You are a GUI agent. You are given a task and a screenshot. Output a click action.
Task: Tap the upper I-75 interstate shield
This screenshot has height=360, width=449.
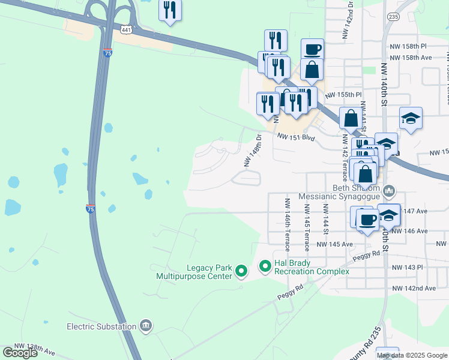click(x=107, y=53)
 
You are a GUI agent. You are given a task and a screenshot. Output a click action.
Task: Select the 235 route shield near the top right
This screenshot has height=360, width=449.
click(x=393, y=17)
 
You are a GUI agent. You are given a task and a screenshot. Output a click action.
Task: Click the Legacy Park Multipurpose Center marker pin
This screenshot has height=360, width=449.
click(x=241, y=272)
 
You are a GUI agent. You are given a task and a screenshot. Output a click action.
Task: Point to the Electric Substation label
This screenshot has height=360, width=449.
click(x=101, y=326)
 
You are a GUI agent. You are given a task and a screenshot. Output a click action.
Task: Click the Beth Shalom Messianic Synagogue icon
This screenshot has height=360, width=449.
click(x=390, y=191)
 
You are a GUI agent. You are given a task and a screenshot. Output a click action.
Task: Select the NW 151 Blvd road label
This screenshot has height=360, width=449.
click(x=295, y=136)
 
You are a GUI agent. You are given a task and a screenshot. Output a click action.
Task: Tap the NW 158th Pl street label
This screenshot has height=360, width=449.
click(x=407, y=46)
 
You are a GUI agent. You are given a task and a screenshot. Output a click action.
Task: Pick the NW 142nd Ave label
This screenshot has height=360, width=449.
click(x=413, y=288)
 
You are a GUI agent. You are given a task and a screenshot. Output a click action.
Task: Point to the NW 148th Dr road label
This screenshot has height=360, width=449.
click(x=253, y=151)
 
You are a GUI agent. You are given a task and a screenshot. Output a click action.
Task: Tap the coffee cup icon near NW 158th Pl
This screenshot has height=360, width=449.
click(x=312, y=50)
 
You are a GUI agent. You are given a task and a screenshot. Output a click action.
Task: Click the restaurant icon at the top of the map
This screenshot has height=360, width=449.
click(x=170, y=10)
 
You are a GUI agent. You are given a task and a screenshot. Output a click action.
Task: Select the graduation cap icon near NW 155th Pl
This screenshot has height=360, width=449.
click(x=411, y=119)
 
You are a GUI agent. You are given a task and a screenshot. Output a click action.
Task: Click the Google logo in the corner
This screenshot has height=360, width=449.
click(x=20, y=353)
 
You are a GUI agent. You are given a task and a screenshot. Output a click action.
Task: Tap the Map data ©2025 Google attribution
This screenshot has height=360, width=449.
click(x=411, y=355)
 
